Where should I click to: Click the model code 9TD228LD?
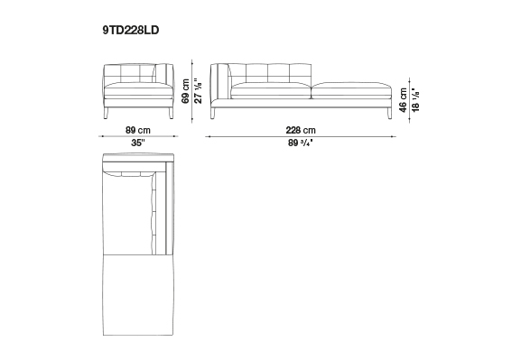tap(131, 30)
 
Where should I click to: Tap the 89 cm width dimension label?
tap(138, 130)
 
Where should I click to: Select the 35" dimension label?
tap(138, 143)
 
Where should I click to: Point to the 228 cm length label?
tap(301, 130)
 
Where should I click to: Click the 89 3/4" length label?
tap(301, 143)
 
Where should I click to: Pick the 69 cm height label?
tap(185, 91)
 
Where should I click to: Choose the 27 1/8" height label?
tap(198, 91)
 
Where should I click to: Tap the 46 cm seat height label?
tap(403, 100)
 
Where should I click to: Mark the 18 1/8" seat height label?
tap(415, 100)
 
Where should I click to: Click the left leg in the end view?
tap(107, 113)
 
